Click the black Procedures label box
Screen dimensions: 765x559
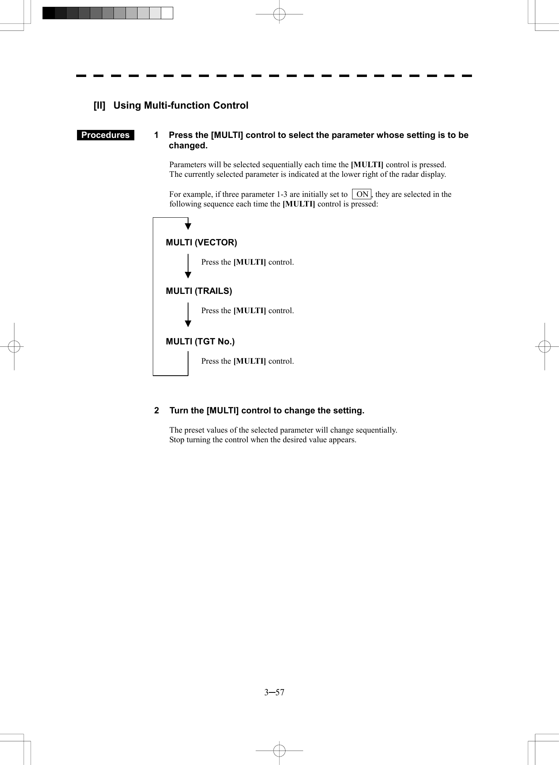[x=105, y=135]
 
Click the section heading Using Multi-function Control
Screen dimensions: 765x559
[x=181, y=105]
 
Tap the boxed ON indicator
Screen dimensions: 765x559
[x=362, y=194]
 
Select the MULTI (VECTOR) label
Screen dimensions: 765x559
[x=201, y=243]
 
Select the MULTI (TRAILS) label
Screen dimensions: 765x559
[x=199, y=291]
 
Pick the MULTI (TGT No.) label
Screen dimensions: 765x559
[x=200, y=342]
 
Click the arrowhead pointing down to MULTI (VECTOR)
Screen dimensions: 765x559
[x=188, y=226]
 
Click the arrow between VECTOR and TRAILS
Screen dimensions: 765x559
[x=188, y=267]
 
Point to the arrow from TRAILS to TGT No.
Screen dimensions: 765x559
[x=188, y=316]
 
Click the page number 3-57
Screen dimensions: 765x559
[x=274, y=692]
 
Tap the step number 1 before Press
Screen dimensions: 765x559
[x=156, y=135]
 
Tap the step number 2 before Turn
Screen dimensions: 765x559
[x=157, y=411]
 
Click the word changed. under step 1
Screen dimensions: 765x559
[x=188, y=146]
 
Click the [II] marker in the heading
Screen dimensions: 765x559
[x=99, y=105]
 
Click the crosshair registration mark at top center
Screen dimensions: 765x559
[x=279, y=14]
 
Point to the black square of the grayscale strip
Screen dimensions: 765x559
[x=49, y=13]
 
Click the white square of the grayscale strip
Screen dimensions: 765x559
[x=167, y=13]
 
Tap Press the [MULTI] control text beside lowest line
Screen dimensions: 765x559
[x=247, y=361]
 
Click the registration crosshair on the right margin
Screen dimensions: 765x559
[x=545, y=346]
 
